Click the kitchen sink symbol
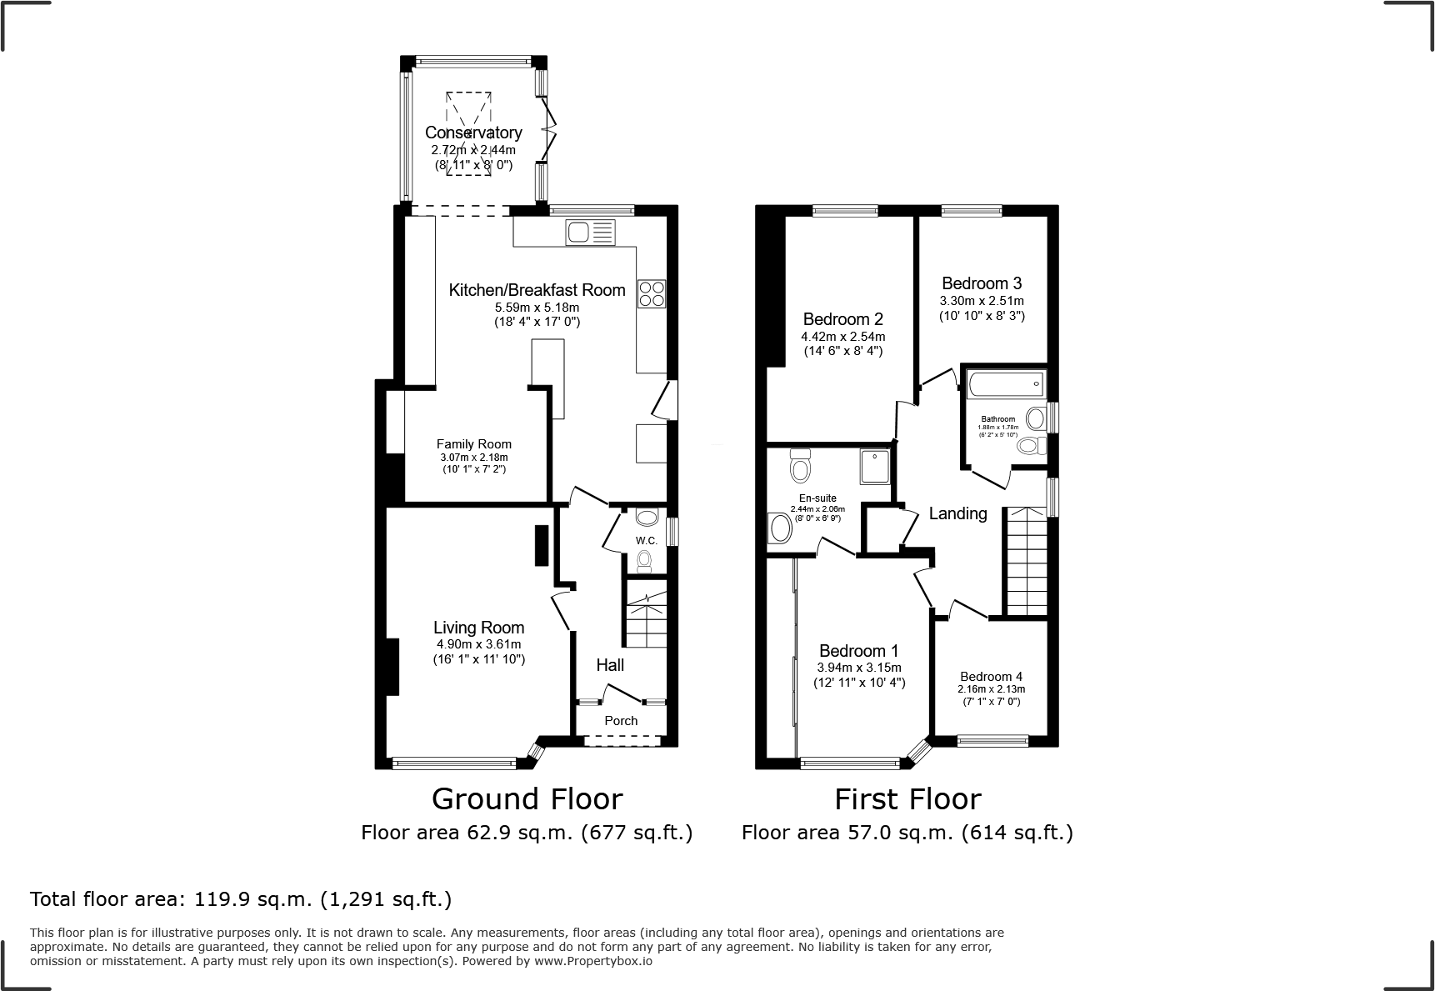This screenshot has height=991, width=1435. click(x=590, y=233)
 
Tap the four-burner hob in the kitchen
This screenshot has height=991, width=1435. click(x=652, y=293)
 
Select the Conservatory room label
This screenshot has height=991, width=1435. click(x=473, y=133)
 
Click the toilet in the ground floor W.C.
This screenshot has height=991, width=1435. click(x=644, y=563)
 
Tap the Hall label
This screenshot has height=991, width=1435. click(x=610, y=665)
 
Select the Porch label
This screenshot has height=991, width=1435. click(x=621, y=721)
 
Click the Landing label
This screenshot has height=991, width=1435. click(x=957, y=513)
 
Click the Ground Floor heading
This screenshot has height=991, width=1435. click(x=527, y=799)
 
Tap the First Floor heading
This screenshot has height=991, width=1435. click(x=907, y=799)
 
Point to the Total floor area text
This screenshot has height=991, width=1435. click(x=241, y=899)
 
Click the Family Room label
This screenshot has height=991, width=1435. click(x=473, y=444)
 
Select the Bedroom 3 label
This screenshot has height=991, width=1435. click(x=982, y=283)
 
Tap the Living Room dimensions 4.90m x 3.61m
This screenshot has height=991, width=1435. click(x=478, y=644)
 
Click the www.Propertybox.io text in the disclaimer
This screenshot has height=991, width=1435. click(x=593, y=961)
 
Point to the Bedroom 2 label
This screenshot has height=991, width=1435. click(x=842, y=319)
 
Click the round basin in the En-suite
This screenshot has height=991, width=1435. click(x=781, y=528)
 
